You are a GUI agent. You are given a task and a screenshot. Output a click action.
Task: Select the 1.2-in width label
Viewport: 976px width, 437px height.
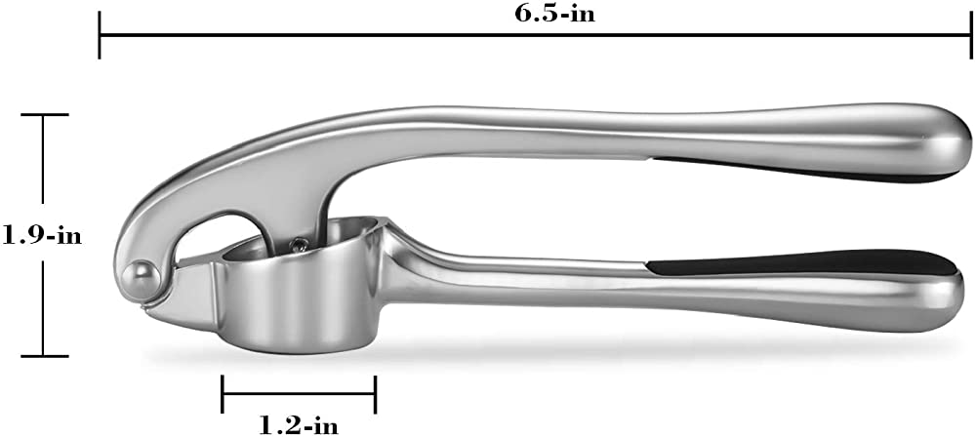[300, 423]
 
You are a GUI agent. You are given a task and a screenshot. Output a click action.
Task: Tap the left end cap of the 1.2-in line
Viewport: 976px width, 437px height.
[224, 395]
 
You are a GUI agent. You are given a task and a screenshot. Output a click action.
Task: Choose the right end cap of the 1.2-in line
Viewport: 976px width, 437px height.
[376, 395]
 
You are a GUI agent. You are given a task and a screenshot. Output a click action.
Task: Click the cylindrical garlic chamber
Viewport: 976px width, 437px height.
[298, 293]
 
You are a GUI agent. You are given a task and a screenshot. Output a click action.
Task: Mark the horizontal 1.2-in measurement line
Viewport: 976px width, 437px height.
[300, 395]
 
